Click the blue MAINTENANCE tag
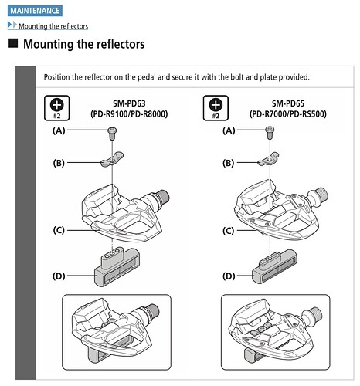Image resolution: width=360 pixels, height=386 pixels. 35,11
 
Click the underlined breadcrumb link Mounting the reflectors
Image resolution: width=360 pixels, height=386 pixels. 53,26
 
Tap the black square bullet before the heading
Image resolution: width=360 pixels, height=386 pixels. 13,43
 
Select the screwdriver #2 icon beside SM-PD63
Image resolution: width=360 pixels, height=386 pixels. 57,108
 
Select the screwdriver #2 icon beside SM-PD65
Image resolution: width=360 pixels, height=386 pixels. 216,108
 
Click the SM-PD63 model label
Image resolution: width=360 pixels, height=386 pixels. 129,103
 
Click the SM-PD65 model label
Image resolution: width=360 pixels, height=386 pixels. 288,103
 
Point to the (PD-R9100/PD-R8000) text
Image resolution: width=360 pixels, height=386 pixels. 129,114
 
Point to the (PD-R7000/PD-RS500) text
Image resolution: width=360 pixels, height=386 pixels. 288,114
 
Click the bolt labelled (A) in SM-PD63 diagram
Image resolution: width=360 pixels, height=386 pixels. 112,134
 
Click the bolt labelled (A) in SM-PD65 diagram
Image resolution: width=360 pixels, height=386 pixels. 270,133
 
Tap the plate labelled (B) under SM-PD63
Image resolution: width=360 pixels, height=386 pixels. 112,160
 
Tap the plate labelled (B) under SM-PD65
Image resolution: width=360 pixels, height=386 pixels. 269,159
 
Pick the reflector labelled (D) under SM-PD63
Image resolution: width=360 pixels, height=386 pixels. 117,268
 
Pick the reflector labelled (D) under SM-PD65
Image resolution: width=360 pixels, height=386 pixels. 274,267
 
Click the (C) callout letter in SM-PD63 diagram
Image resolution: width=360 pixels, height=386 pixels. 59,230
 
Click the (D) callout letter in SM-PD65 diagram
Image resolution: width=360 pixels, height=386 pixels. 229,276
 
